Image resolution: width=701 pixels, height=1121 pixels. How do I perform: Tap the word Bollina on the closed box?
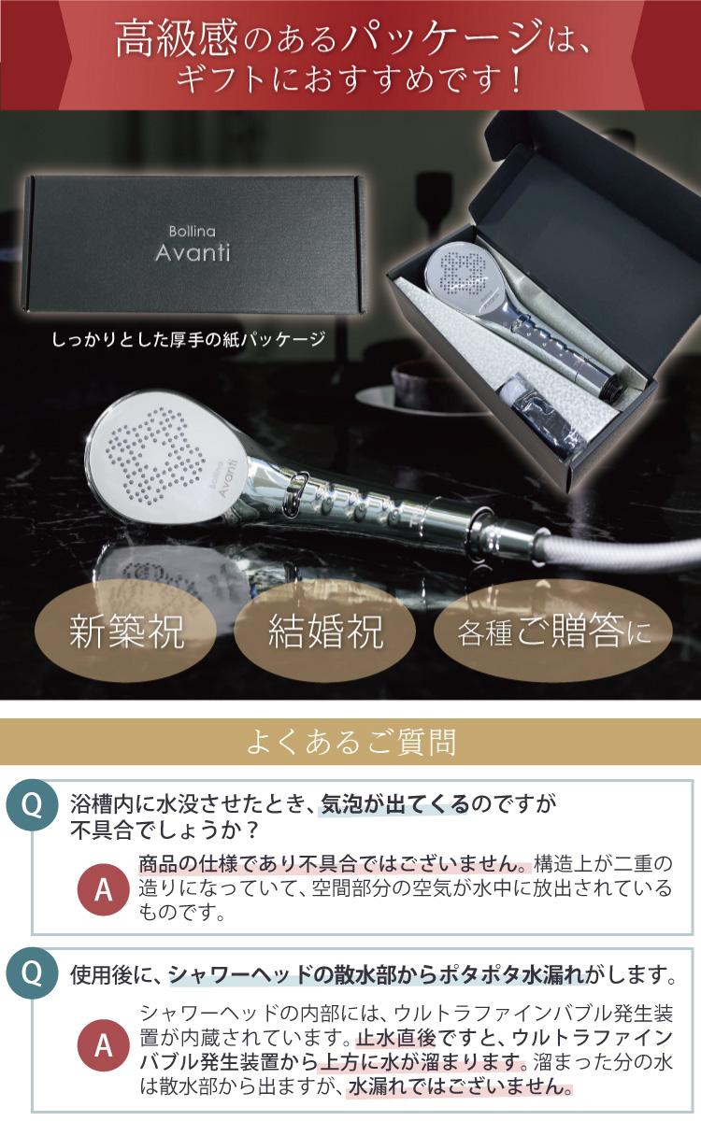pos(193,232)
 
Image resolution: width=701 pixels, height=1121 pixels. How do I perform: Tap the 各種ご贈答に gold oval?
pos(552,631)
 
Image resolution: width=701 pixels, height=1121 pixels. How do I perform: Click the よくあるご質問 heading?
pos(350,742)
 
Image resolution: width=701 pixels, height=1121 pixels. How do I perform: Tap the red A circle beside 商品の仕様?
pos(103,890)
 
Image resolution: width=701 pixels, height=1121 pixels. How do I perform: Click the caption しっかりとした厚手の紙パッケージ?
pos(189,340)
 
